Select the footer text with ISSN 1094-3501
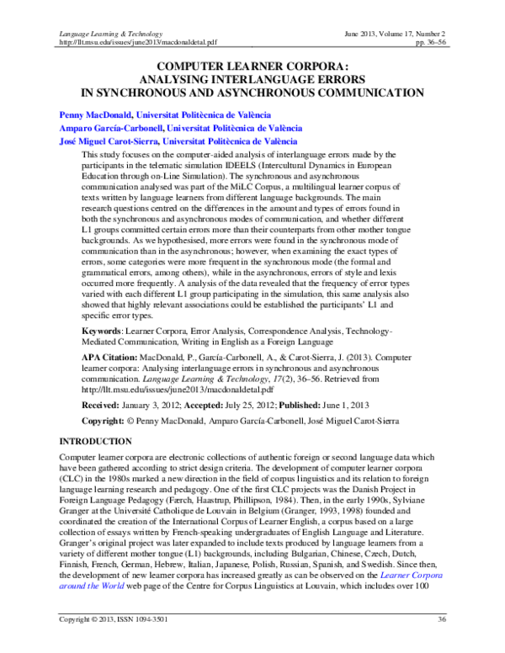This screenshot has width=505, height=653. pyautogui.click(x=113, y=644)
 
